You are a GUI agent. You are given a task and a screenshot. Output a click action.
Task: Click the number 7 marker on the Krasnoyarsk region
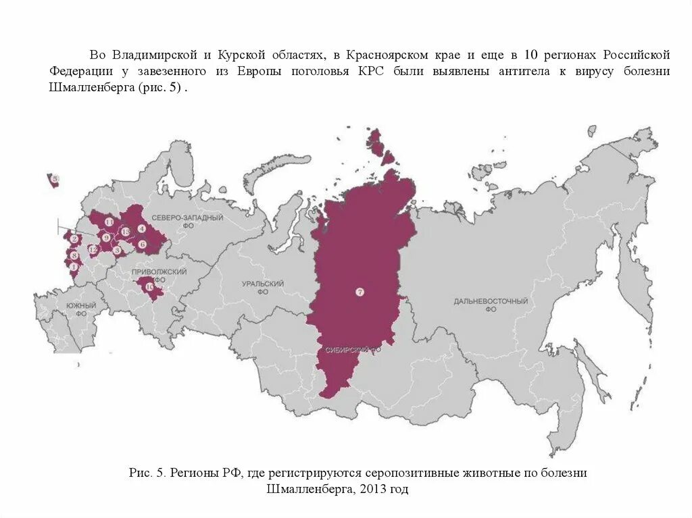point(360,292)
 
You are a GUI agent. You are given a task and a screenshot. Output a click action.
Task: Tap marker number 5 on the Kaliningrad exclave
point(55,179)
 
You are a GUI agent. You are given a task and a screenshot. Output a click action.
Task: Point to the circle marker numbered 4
point(141,228)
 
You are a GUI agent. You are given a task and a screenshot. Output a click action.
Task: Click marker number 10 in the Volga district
point(149,287)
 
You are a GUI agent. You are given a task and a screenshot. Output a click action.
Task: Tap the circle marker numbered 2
point(72,238)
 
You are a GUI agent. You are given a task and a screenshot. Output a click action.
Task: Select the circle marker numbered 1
point(74,266)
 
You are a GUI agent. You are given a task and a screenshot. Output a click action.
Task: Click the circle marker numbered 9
point(106,238)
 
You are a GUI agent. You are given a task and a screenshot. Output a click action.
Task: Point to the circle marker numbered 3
point(117,250)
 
